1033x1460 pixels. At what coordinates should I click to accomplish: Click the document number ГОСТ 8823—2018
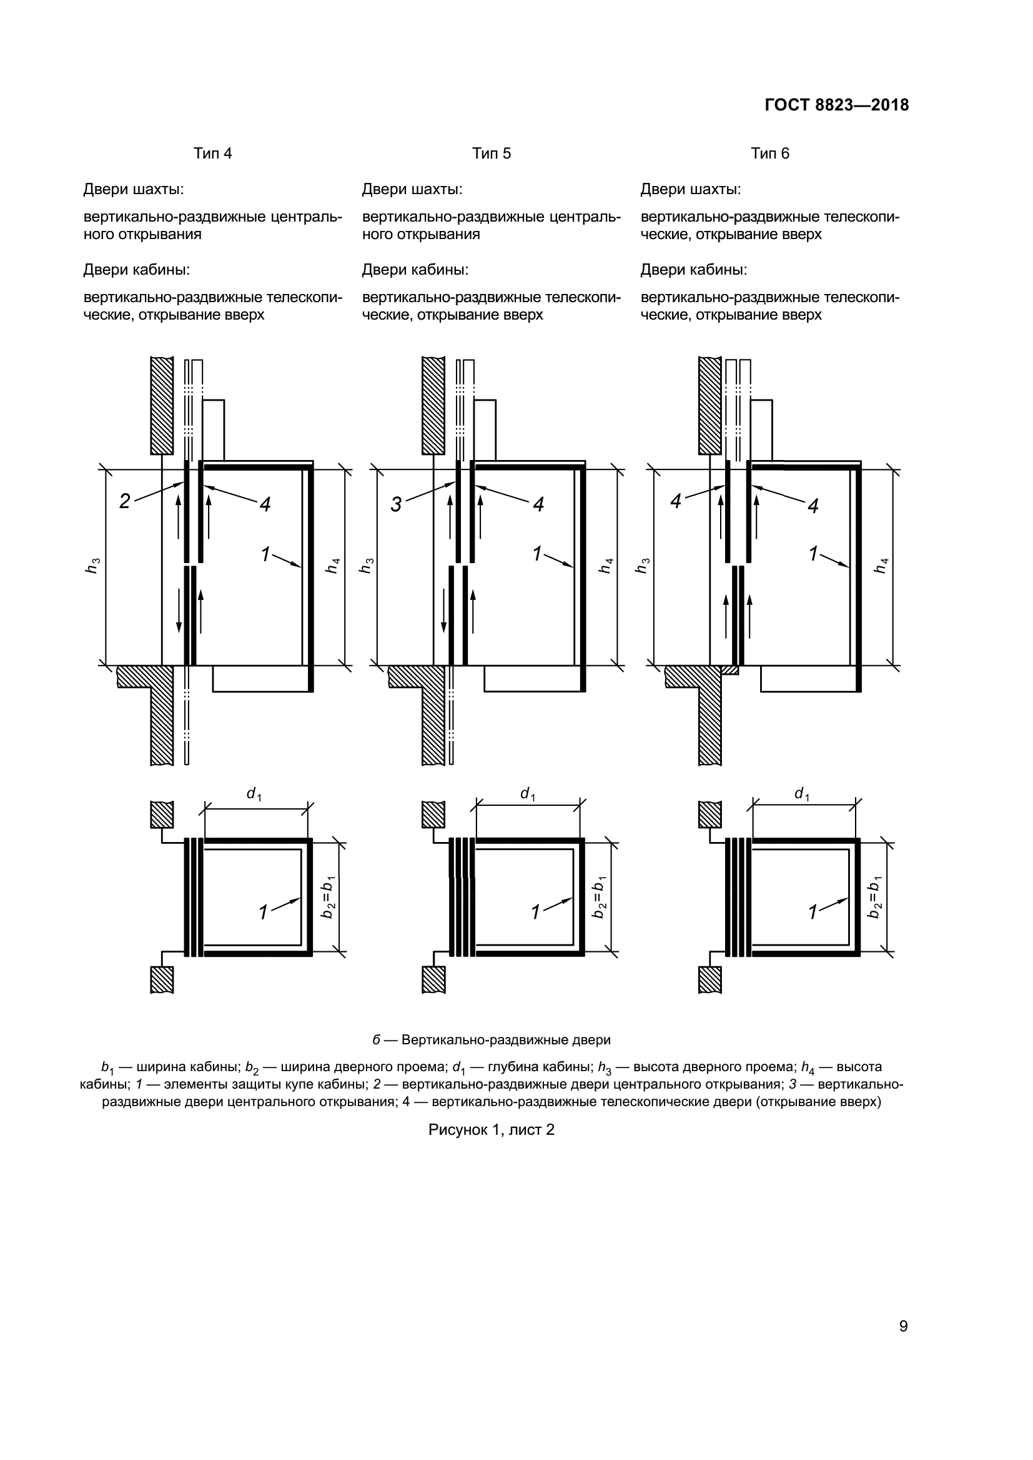(836, 105)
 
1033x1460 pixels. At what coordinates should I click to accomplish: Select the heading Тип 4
(212, 154)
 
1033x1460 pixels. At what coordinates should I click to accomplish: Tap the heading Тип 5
(491, 154)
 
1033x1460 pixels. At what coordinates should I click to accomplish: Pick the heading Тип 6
(769, 154)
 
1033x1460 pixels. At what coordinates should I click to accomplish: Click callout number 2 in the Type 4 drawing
(125, 502)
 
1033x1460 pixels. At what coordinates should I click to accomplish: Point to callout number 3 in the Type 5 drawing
(395, 505)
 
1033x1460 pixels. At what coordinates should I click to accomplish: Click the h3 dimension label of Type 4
(94, 566)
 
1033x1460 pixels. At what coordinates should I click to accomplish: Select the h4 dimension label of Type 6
(881, 566)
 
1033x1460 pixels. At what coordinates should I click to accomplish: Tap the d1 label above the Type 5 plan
(527, 793)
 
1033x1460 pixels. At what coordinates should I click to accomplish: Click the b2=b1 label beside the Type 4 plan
(329, 897)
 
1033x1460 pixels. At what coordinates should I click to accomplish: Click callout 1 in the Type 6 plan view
(813, 913)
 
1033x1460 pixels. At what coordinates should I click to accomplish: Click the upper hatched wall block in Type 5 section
(433, 406)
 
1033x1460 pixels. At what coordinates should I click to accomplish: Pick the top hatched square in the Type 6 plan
(710, 815)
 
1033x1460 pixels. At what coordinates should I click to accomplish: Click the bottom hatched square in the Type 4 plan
(162, 980)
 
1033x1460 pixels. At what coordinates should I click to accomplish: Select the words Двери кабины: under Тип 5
(415, 270)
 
